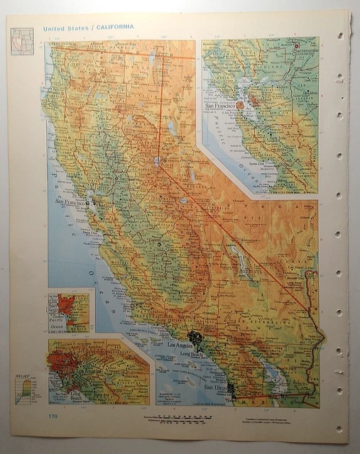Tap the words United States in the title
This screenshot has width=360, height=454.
[x=67, y=28]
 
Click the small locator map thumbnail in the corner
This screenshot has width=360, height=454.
[x=21, y=40]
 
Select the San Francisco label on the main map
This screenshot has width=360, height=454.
[x=70, y=202]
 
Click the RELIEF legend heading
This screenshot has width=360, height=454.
[x=23, y=377]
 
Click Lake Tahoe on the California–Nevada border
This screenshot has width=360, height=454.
[x=155, y=162]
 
